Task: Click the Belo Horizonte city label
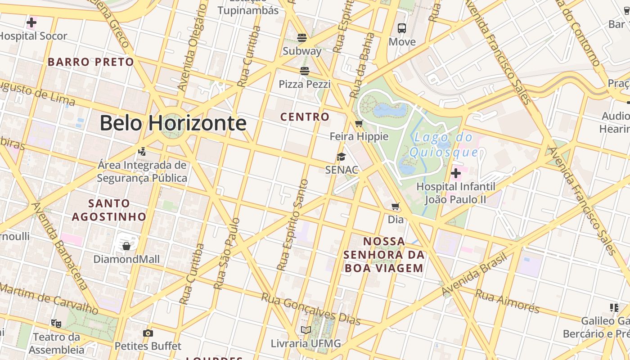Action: [x=173, y=123]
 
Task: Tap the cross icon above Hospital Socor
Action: [x=31, y=22]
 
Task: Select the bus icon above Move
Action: [x=402, y=28]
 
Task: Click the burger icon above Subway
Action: [x=302, y=37]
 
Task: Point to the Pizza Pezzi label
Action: [x=305, y=84]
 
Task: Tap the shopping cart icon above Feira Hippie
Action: [x=359, y=123]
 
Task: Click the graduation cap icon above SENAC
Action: [x=342, y=157]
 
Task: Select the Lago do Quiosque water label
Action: [x=443, y=145]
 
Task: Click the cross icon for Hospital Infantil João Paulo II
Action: [x=456, y=173]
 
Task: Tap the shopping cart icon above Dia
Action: [x=396, y=207]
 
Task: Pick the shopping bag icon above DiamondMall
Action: [x=126, y=246]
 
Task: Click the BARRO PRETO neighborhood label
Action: [x=91, y=62]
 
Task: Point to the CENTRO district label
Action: [x=305, y=117]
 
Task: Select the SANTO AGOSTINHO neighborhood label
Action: [x=109, y=210]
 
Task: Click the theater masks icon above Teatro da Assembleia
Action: [x=56, y=323]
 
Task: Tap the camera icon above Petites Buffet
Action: [x=148, y=333]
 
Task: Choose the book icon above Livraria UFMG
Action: [x=306, y=330]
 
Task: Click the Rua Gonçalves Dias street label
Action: [x=311, y=309]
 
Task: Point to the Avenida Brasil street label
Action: [x=474, y=274]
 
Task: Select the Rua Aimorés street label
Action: [x=507, y=301]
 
